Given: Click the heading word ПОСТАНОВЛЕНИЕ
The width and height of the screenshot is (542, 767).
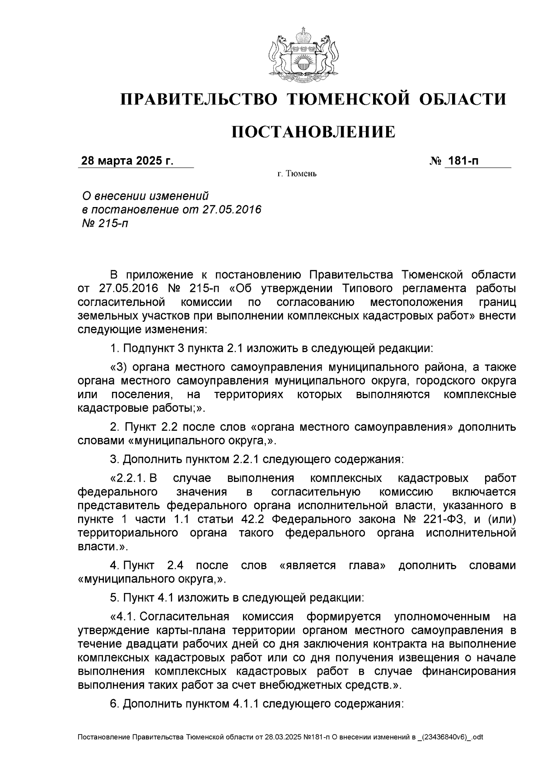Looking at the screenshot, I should click(x=313, y=132).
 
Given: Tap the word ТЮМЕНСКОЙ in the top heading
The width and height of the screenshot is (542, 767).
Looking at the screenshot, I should click(x=347, y=99).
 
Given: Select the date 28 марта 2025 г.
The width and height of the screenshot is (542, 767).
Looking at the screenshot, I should click(x=127, y=161).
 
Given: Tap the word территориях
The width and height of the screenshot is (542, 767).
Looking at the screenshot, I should click(x=249, y=395).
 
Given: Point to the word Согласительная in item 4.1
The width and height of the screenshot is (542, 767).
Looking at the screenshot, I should click(x=185, y=616).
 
